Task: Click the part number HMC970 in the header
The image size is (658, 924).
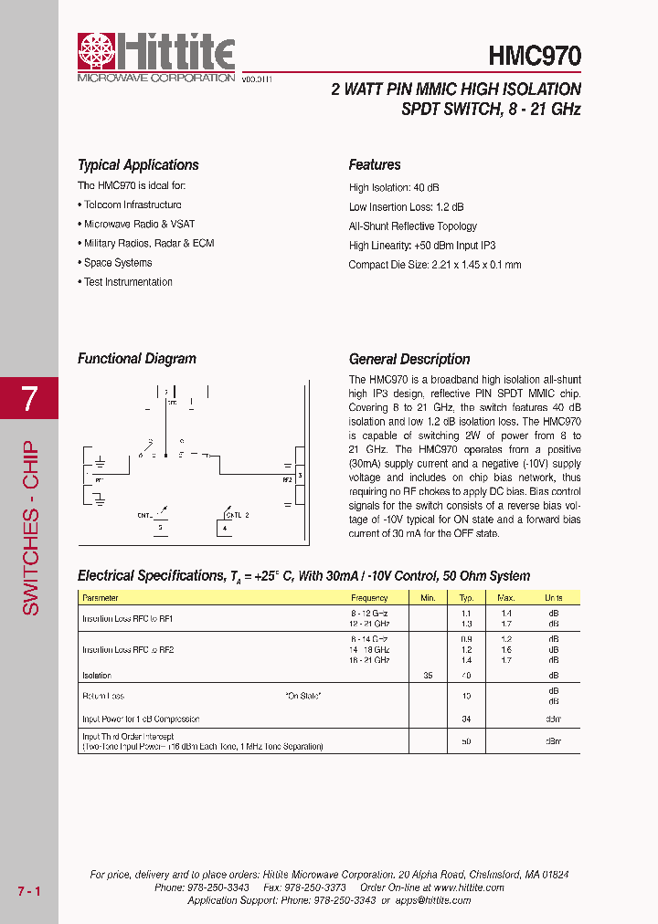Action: click(x=535, y=57)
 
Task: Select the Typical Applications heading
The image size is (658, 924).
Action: click(x=138, y=165)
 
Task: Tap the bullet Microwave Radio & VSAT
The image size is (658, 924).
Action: click(x=139, y=225)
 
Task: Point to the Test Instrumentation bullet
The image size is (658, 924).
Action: click(x=128, y=282)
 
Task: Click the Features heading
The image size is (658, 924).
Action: click(x=375, y=165)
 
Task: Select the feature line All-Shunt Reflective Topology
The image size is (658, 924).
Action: click(x=413, y=226)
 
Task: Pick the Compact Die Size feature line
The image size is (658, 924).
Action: click(x=435, y=265)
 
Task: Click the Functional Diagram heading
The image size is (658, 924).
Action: click(x=137, y=359)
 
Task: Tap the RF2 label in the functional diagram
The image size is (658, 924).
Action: click(x=286, y=479)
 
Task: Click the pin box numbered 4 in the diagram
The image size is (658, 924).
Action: click(x=225, y=528)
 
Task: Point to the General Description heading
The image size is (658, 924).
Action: click(x=409, y=359)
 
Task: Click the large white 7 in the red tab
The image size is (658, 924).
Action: click(x=29, y=398)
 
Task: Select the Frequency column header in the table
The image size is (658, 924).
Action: click(x=370, y=598)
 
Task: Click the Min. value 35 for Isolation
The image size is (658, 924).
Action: click(x=428, y=676)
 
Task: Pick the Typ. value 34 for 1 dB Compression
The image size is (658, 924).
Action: click(x=466, y=719)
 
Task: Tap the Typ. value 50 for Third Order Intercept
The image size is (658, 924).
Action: click(x=466, y=741)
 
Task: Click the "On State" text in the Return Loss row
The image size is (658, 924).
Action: click(x=303, y=696)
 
